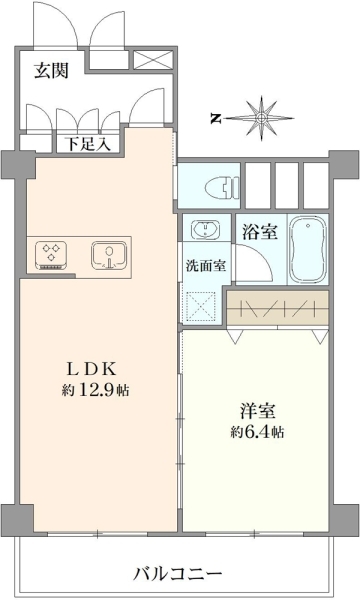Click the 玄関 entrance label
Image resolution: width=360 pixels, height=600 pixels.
click(x=52, y=71)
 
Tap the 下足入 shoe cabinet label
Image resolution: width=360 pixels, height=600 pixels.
click(x=88, y=144)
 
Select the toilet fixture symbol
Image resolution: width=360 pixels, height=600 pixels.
click(x=222, y=188)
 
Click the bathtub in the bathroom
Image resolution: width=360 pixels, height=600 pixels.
click(x=308, y=249)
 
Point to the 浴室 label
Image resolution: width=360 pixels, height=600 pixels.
click(x=260, y=232)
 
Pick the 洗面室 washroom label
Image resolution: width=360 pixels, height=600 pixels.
click(x=206, y=266)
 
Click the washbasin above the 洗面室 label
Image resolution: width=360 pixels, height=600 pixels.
click(x=205, y=230)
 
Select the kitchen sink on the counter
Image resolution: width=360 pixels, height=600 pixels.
click(x=109, y=255)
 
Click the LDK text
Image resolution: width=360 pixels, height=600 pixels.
click(x=92, y=369)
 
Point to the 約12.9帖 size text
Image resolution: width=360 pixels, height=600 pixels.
click(x=95, y=390)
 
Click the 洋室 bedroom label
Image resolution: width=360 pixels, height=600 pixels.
click(x=258, y=411)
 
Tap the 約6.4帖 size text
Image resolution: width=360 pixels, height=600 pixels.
click(x=257, y=432)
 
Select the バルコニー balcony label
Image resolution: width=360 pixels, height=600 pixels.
click(x=178, y=574)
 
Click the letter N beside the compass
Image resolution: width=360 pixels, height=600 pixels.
click(x=216, y=119)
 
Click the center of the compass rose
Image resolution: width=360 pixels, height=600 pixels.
click(x=262, y=118)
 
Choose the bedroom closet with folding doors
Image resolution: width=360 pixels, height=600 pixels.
click(x=278, y=307)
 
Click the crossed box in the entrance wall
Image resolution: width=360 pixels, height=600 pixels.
click(x=153, y=60)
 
